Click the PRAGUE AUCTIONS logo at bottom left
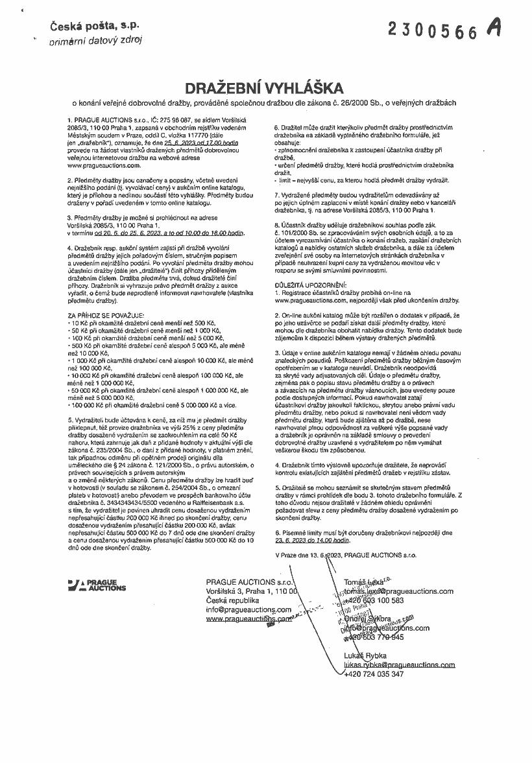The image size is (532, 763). pyautogui.click(x=97, y=585)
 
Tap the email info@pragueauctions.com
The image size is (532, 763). pyautogui.click(x=248, y=609)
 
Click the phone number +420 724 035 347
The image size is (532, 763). pyautogui.click(x=374, y=674)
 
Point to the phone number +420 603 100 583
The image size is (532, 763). pyautogui.click(x=374, y=600)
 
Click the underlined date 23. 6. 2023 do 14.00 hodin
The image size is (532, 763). pyautogui.click(x=312, y=539)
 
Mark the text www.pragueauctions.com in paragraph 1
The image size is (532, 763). pyautogui.click(x=104, y=165)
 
